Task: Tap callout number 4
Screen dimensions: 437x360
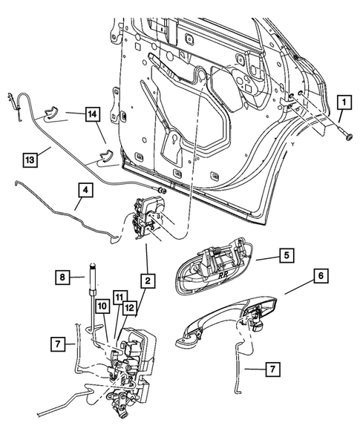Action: pos(85,190)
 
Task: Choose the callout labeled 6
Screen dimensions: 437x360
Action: pos(320,276)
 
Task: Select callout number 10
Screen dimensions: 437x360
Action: pos(102,306)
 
